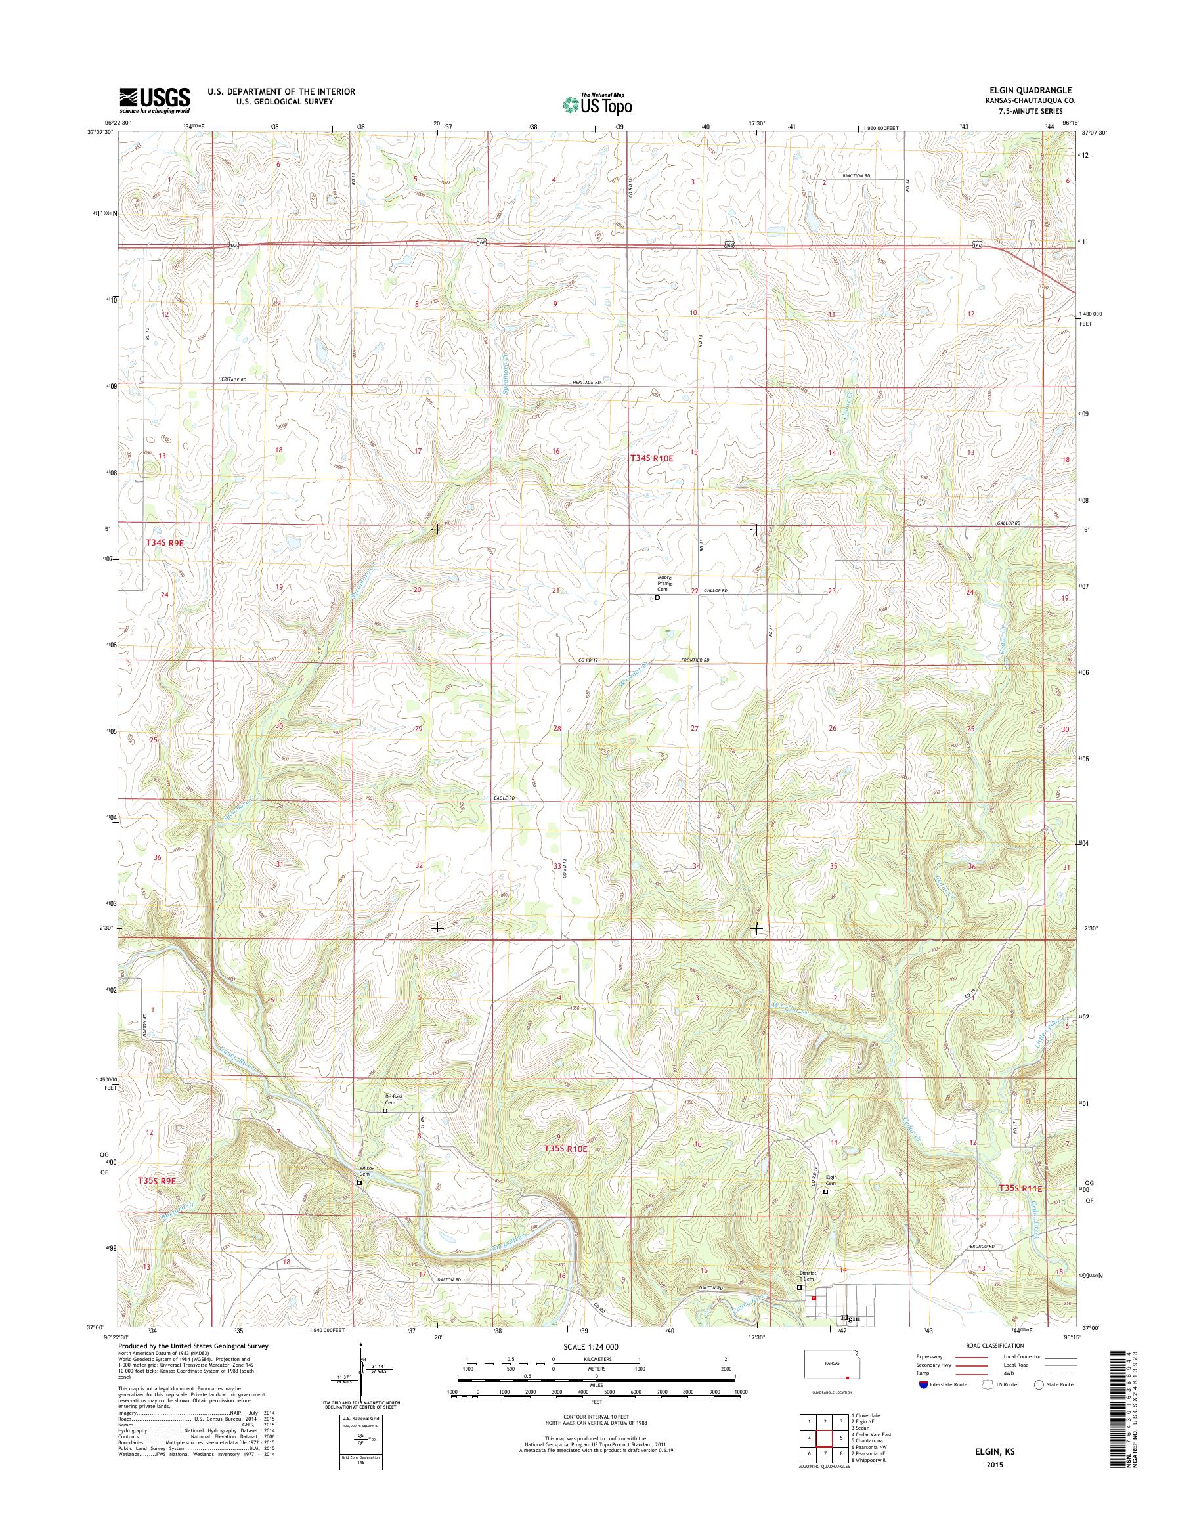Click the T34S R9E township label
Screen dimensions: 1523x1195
click(167, 542)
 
